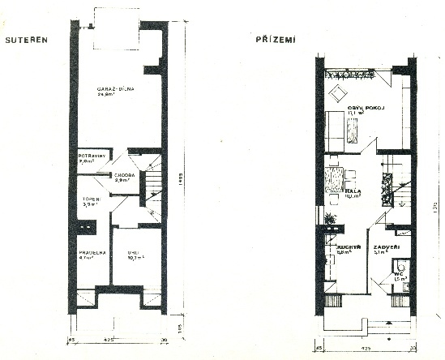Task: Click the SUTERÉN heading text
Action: coord(24,38)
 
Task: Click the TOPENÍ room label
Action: coord(91,199)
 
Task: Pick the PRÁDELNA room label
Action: coord(92,252)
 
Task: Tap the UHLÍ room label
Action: coord(131,253)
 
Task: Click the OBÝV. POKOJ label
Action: coord(365,106)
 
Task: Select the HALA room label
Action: coord(353,191)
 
